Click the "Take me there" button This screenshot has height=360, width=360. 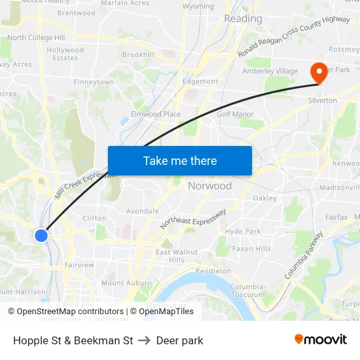(180, 160)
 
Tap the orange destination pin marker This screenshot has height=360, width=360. (319, 73)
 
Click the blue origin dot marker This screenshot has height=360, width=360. (41, 235)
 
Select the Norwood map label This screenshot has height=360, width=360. (209, 186)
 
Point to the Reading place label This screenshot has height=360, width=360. (243, 19)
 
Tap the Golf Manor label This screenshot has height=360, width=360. (235, 113)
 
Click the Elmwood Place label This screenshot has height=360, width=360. (156, 114)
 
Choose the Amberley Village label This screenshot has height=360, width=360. (270, 71)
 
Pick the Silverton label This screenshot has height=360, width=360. (322, 100)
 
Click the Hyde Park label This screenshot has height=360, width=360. (243, 231)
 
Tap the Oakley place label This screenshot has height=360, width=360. (265, 198)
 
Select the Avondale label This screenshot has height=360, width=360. (142, 211)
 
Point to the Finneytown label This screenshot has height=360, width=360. (94, 82)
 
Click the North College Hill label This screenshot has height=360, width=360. (36, 38)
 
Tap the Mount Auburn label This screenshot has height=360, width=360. (122, 283)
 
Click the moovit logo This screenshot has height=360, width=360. (321, 340)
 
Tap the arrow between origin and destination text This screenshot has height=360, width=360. (145, 340)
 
